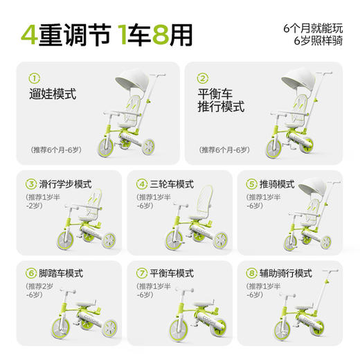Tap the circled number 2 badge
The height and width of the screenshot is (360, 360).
(x=203, y=78)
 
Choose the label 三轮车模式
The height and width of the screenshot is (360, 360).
(x=170, y=184)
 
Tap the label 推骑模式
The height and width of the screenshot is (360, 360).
(x=277, y=184)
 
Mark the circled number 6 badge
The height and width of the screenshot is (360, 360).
(x=30, y=272)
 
